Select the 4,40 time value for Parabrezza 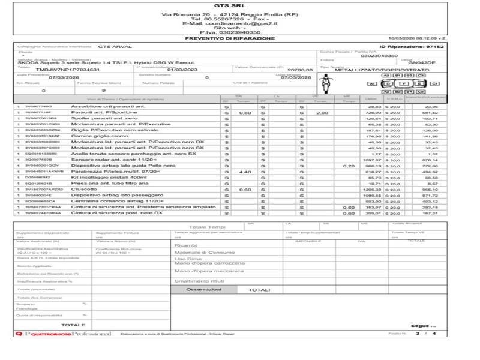tap(244, 172)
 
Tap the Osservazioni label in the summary tap(203, 289)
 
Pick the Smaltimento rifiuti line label tap(199, 280)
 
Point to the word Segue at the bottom tap(418, 325)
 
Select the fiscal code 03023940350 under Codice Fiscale tap(380, 56)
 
